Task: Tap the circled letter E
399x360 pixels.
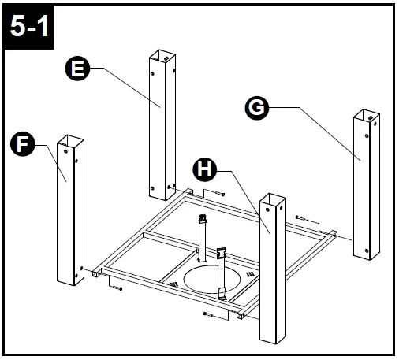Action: (x=76, y=70)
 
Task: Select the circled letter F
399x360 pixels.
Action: (x=24, y=145)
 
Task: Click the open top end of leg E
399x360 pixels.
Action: (x=161, y=56)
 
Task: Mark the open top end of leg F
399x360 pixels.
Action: (x=70, y=142)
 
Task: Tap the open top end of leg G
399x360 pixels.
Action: (x=366, y=114)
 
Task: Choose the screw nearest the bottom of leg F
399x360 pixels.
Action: (x=116, y=289)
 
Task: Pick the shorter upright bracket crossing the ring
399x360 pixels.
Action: (x=222, y=272)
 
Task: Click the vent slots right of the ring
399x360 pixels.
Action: (x=251, y=273)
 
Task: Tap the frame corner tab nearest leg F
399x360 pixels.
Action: (x=95, y=273)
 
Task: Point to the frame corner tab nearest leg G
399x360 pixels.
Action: (x=334, y=233)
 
